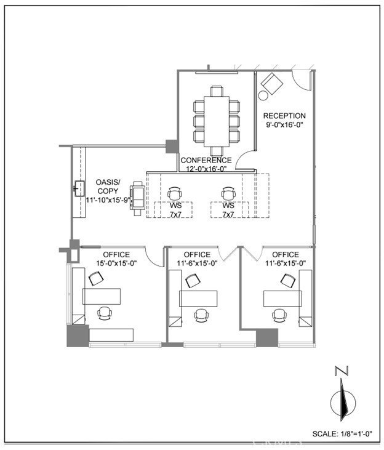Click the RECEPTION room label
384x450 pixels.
tap(284, 116)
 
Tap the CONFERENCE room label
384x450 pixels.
tap(206, 160)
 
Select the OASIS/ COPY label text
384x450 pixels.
tap(108, 187)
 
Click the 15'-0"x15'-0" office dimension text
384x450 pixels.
tap(116, 263)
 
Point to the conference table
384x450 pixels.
tap(217, 122)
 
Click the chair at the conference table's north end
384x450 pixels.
tap(217, 91)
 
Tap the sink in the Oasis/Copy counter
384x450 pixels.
tap(79, 188)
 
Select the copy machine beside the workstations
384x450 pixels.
tap(137, 198)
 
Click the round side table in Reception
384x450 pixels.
tap(263, 95)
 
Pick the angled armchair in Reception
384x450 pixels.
tap(272, 84)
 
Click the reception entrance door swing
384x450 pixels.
tap(302, 81)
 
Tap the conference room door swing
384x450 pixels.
tap(244, 160)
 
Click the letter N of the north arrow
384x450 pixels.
tap(342, 370)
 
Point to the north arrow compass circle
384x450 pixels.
tap(343, 403)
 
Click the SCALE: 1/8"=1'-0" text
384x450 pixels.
tap(342, 433)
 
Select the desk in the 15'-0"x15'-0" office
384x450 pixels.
tap(102, 297)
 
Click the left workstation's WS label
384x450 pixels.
tap(175, 206)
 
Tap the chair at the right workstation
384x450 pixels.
tap(228, 194)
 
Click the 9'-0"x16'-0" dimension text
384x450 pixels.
tap(284, 125)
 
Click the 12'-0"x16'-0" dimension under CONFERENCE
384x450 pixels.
tap(206, 169)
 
